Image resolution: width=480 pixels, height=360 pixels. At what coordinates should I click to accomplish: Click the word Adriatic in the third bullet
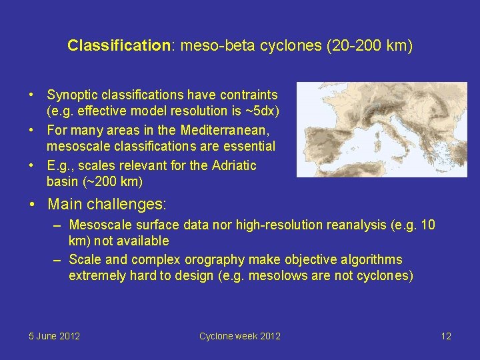click(232, 165)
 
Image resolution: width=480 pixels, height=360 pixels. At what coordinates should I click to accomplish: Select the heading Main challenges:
click(107, 203)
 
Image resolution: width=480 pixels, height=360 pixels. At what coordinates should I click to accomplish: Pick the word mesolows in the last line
click(275, 275)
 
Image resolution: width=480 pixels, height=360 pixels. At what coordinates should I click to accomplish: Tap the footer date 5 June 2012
click(54, 336)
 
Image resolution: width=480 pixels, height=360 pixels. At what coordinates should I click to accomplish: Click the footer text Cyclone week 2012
click(239, 336)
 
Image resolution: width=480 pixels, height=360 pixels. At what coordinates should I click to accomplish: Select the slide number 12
click(446, 336)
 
